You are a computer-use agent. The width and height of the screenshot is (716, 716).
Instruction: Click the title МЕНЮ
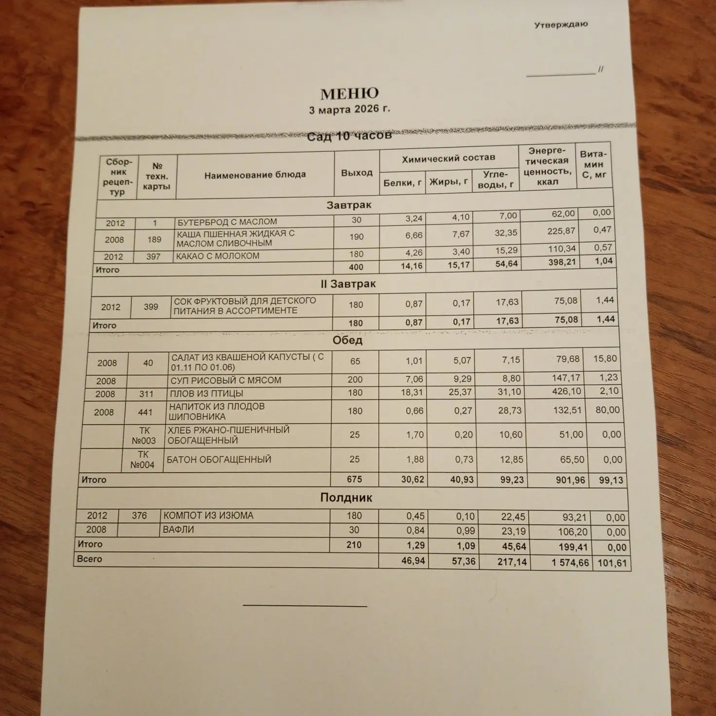coord(349,93)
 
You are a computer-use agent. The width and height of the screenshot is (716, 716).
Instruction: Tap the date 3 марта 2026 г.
coord(349,109)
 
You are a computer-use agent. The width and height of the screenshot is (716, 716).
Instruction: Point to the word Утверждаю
coord(561,24)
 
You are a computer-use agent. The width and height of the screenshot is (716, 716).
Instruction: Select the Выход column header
coord(357,173)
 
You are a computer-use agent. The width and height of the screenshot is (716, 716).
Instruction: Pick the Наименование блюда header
coord(255,175)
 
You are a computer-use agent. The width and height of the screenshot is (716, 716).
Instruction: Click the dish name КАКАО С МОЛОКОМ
coord(217,256)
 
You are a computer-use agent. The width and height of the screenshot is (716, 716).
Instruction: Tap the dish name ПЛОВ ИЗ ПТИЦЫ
coord(206,393)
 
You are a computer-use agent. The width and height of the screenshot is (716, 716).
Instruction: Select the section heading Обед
coord(347,340)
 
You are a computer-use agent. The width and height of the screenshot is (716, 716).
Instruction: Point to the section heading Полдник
coord(346,498)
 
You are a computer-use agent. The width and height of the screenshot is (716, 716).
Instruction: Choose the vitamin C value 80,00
coord(608,410)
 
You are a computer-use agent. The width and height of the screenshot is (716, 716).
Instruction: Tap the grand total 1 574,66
coord(570,563)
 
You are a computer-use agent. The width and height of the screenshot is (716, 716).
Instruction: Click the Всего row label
coord(89,559)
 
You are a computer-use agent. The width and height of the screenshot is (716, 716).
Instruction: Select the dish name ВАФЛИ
coord(179,530)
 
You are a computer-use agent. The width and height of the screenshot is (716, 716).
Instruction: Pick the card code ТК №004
coord(143,460)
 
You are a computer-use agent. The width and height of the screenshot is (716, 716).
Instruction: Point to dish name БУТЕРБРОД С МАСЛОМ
coord(227,222)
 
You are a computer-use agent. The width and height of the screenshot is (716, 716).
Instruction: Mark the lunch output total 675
coord(354,479)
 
